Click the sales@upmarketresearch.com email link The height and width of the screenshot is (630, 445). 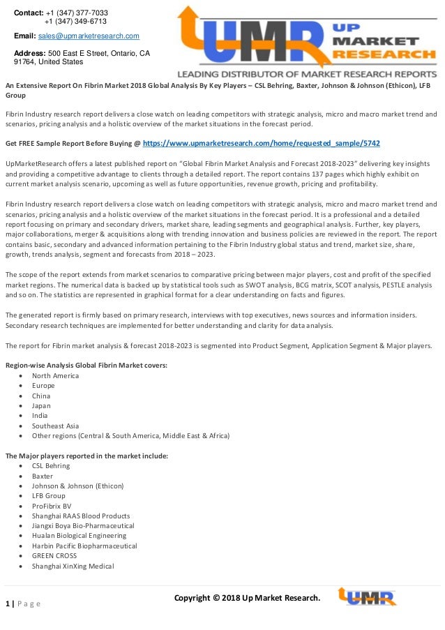89,36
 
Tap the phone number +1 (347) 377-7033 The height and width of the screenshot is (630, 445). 77,13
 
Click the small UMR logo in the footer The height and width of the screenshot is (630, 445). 367,597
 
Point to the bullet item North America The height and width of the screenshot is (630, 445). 56,375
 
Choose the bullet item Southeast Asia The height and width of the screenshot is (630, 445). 56,426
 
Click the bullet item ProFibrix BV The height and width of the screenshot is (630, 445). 52,506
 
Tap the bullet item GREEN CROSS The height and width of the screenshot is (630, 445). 54,556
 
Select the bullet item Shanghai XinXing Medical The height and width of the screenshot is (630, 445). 73,566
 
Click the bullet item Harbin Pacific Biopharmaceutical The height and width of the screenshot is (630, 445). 84,546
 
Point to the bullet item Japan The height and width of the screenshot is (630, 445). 42,405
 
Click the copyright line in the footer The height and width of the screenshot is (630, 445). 247,598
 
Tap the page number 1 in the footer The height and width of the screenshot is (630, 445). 7,603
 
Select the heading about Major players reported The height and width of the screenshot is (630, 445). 86,456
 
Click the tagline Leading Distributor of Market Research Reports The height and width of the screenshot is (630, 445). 306,73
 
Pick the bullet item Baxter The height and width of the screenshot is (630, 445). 43,476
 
